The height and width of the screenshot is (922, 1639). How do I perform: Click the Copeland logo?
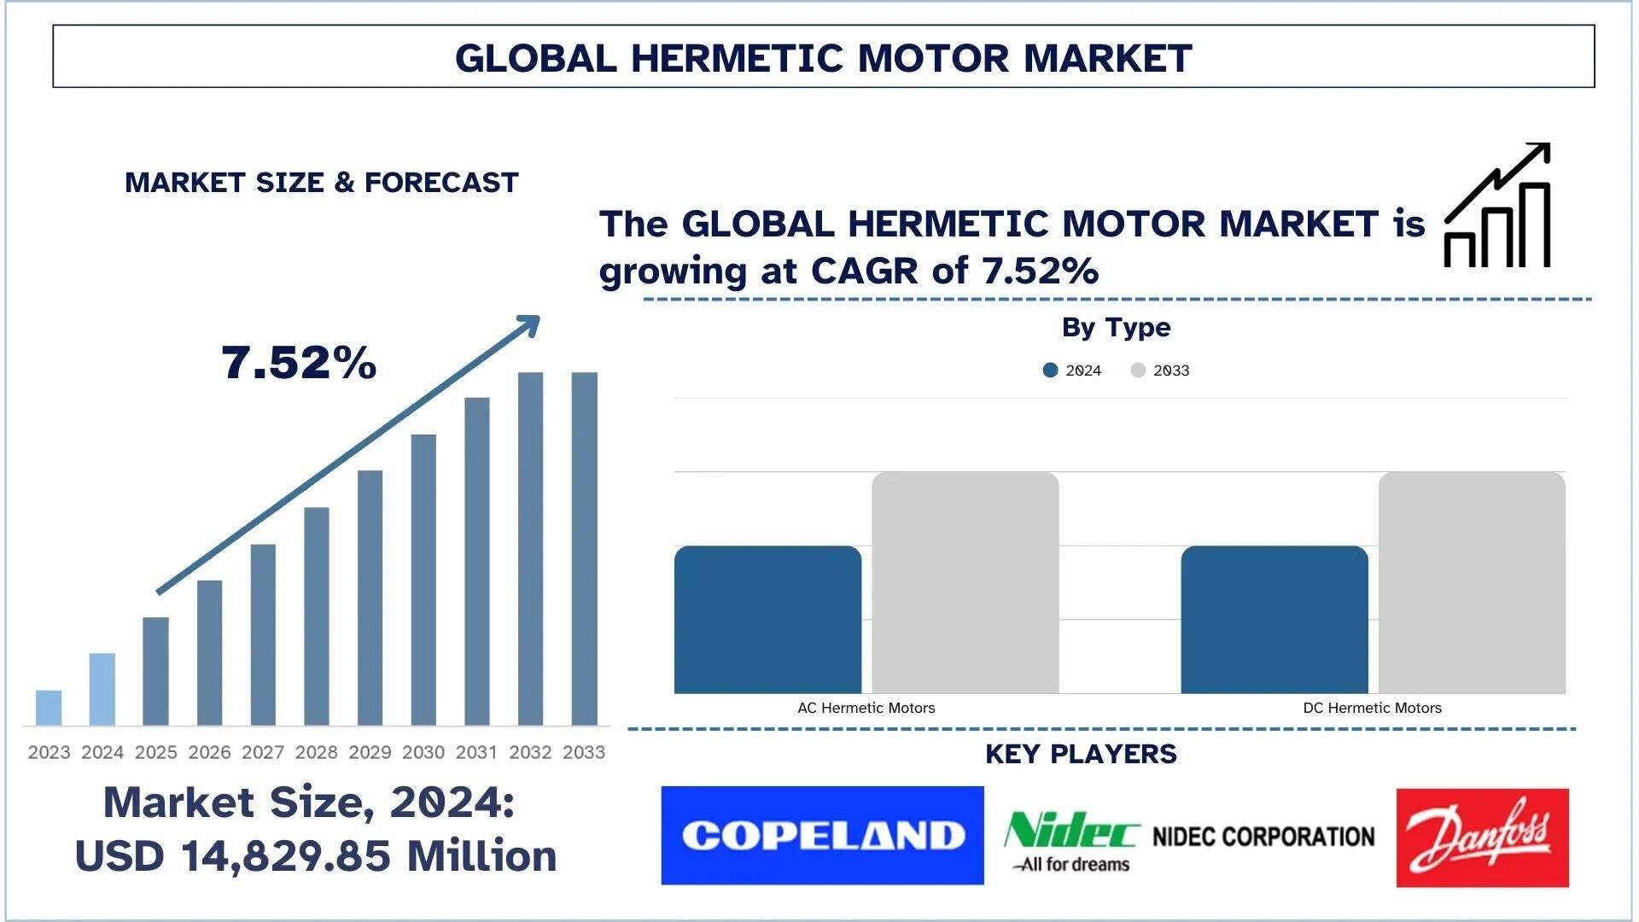tap(822, 835)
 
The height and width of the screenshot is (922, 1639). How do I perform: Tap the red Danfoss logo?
tap(1482, 837)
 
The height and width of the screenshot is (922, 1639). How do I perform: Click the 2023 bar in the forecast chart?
tap(49, 708)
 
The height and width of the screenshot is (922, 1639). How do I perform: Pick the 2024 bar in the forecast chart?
tap(102, 689)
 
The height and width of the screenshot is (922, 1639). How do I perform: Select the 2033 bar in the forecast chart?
tap(585, 548)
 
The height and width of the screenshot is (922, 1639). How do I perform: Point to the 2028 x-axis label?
tap(317, 752)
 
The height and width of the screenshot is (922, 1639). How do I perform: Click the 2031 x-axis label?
tap(476, 752)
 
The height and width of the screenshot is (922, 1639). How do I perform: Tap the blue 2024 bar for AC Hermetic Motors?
tap(767, 619)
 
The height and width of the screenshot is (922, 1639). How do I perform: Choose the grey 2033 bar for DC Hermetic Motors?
tap(1472, 582)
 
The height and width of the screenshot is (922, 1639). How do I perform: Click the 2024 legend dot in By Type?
tap(1051, 371)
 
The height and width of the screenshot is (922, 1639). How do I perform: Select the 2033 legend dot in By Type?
tap(1138, 371)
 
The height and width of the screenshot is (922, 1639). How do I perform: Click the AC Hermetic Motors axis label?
tap(866, 708)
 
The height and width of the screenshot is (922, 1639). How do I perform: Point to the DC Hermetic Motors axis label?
tap(1372, 708)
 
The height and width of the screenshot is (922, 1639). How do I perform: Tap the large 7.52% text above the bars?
tap(299, 363)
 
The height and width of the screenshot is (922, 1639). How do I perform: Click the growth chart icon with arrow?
tap(1497, 206)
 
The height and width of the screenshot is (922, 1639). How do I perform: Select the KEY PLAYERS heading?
tap(1081, 754)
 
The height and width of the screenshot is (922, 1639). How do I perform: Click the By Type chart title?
tap(1116, 327)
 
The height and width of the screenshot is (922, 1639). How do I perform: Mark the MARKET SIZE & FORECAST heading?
tap(322, 183)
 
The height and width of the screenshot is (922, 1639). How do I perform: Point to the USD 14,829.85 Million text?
tap(316, 855)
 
